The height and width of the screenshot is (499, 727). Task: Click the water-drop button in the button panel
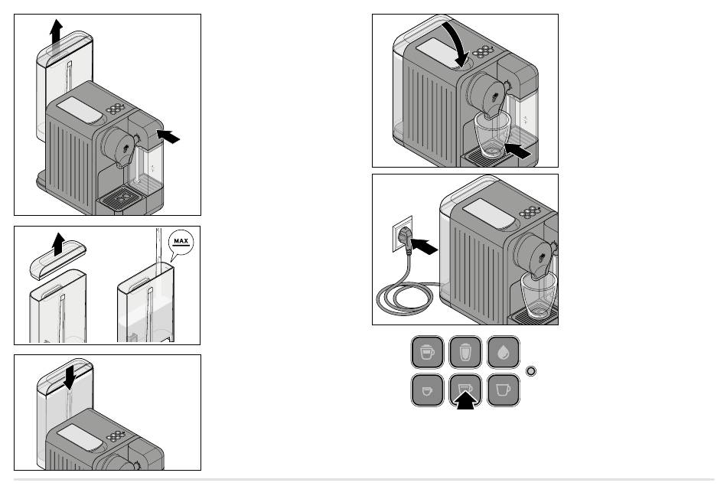point(503,352)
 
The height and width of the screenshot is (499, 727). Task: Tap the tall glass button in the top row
point(465,352)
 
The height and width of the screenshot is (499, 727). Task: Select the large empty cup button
point(503,390)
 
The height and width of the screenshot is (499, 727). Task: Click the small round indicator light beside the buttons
point(531,371)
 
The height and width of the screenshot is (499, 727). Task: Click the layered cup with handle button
point(427,352)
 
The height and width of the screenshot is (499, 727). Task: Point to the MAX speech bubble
point(181,244)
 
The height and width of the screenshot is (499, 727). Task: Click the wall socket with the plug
point(403,234)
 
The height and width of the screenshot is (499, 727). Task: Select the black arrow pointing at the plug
point(424,246)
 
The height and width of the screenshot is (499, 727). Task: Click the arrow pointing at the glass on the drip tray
point(517,151)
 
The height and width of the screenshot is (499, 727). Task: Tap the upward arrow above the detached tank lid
point(58,244)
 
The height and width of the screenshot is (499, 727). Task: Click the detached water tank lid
point(58,259)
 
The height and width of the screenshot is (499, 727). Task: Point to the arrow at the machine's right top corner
point(168,136)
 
